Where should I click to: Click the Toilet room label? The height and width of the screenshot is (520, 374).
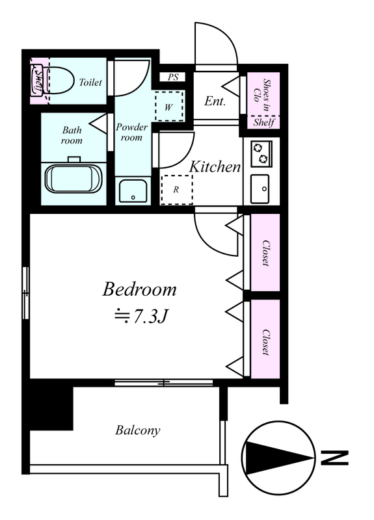pos(90,82)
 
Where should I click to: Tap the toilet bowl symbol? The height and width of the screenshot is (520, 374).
pos(60,81)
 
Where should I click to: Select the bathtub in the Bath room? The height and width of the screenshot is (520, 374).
pos(73,178)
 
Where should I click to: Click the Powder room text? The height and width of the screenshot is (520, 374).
pos(131,133)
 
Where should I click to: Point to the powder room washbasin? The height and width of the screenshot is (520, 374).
pos(133,190)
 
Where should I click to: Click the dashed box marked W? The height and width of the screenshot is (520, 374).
pos(169,107)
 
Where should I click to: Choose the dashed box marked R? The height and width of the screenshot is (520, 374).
pos(176,190)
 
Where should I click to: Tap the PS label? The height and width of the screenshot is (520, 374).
pos(173,77)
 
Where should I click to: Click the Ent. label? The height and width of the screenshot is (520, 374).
pos(215,101)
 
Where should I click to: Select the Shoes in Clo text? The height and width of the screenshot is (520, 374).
pos(262,90)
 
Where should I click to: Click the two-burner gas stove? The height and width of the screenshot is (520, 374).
pos(261,154)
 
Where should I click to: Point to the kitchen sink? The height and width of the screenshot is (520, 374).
pos(260,188)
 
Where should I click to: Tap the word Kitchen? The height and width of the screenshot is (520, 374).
pos(215,166)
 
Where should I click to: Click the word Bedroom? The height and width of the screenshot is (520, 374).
pos(139,289)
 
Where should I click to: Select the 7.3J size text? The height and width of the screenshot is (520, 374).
pos(140,317)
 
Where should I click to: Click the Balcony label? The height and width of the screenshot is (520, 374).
pos(138,430)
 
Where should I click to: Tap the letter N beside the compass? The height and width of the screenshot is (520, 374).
pos(334,458)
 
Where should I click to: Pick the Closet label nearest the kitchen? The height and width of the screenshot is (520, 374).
pos(265,253)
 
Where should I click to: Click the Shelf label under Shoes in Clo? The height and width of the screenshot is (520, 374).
pos(264,122)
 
